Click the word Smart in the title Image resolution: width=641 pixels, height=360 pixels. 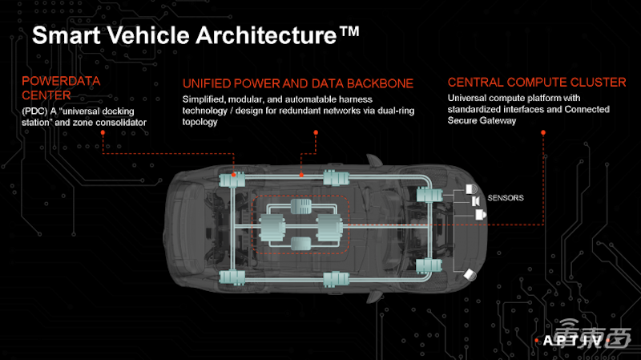67,35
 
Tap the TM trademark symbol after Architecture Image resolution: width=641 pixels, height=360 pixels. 349,31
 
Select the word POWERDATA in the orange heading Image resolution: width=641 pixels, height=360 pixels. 61,81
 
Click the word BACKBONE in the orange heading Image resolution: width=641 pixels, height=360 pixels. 380,83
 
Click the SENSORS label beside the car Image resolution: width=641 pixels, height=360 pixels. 506,198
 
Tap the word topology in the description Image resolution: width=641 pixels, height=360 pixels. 200,123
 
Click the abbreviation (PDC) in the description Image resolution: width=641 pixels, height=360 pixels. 34,111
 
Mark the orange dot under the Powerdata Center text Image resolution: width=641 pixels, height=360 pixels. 103,132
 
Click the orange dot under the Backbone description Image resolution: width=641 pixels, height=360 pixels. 316,132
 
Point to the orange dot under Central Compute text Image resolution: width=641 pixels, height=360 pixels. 543,132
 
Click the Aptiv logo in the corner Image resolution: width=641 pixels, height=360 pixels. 572,341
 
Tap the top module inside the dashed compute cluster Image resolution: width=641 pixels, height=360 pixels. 301,207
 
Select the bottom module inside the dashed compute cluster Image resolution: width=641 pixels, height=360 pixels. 301,244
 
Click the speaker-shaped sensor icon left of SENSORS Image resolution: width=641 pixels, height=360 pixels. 475,201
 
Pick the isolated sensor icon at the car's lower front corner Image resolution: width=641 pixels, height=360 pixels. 470,275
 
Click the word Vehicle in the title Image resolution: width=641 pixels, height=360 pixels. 148,35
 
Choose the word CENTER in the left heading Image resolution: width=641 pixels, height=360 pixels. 46,95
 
